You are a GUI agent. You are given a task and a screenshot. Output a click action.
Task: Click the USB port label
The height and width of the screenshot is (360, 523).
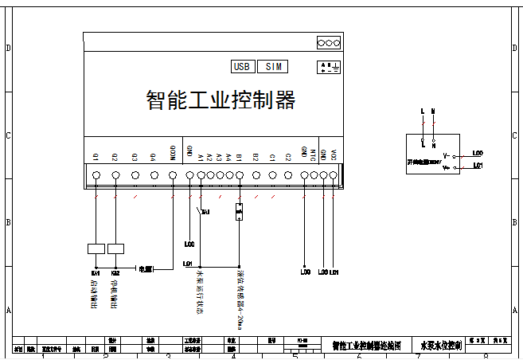point(243,67)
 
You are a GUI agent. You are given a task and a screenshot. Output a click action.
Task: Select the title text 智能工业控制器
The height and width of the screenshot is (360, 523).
point(221,100)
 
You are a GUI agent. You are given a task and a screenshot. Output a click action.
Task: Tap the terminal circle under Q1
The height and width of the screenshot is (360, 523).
point(96,175)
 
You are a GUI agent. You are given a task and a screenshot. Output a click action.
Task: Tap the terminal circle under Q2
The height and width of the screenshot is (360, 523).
point(115,175)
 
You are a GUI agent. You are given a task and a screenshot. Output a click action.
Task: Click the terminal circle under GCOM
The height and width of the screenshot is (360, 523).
point(173,175)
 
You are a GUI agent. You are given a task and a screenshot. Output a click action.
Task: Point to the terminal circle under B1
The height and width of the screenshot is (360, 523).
point(240,175)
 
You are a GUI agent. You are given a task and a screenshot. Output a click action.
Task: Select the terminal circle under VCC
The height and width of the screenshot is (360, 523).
point(334,175)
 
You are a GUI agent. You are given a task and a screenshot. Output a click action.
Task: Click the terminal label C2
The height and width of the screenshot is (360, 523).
point(287,157)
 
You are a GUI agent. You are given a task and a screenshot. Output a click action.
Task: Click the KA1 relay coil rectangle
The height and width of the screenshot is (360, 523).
point(96,248)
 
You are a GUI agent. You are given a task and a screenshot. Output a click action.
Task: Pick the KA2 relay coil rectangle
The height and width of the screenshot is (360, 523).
point(116,248)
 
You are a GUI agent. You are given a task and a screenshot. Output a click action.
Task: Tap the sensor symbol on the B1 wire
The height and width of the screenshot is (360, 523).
point(240,212)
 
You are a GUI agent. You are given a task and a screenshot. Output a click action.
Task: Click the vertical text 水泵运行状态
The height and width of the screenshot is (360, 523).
point(199,293)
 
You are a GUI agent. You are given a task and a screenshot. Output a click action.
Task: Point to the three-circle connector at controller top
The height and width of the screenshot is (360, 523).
point(329,42)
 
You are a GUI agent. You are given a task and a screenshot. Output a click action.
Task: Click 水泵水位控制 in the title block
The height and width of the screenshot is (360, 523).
point(435,346)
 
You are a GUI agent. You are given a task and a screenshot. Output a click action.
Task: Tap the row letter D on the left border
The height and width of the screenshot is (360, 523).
point(8,49)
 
